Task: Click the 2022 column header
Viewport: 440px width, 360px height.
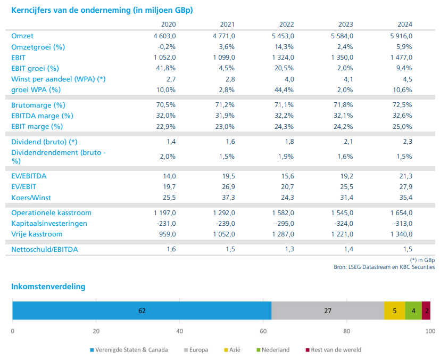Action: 286,24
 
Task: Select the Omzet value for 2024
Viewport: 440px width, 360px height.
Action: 401,36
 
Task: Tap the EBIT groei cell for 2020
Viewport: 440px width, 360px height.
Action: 166,68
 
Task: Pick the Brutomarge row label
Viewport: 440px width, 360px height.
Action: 38,105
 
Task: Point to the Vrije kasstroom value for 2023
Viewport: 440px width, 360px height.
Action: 342,234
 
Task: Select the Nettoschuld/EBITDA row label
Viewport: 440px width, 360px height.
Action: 45,249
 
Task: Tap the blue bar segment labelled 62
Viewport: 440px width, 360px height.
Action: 142,310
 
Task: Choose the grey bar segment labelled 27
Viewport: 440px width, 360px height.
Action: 328,310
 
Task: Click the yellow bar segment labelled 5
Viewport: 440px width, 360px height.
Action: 395,310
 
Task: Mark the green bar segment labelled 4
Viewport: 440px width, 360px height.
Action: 413,310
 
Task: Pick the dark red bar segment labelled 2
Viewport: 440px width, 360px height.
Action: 426,310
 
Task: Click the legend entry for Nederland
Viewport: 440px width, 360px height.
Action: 273,350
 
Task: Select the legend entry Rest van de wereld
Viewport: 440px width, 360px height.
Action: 334,350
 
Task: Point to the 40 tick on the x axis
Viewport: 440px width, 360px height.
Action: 180,331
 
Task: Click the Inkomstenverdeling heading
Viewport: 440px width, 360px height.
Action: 48,287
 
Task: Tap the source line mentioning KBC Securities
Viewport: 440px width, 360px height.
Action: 384,267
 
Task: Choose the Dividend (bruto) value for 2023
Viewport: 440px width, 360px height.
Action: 348,142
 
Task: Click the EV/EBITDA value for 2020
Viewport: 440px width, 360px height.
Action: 170,176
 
